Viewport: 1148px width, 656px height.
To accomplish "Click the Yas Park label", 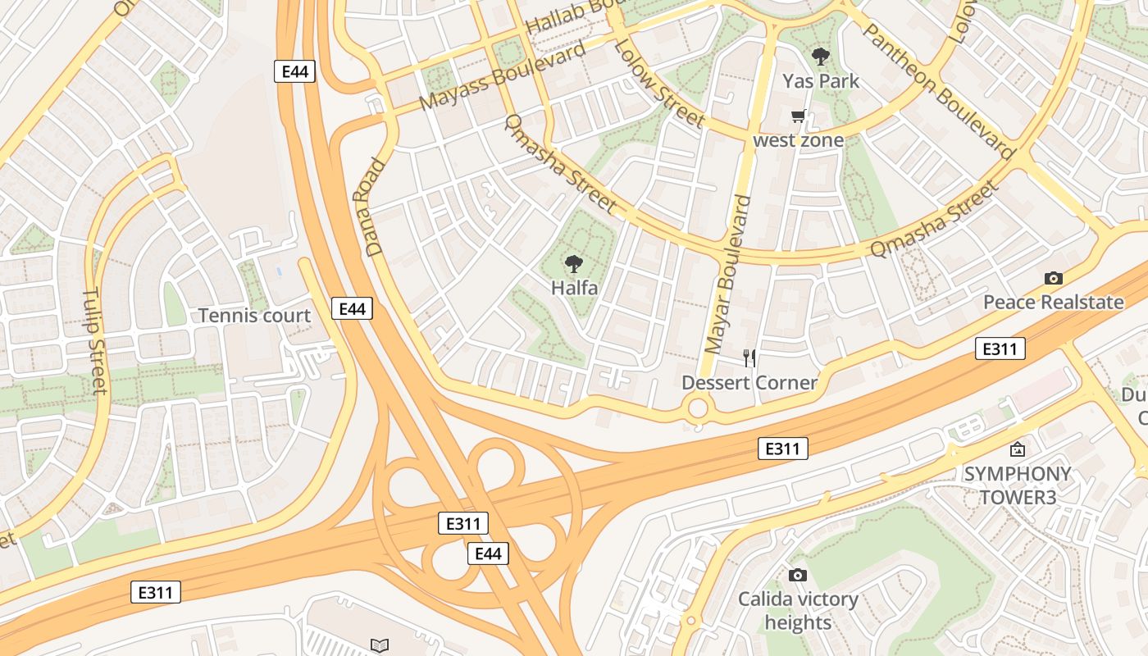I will click(820, 80).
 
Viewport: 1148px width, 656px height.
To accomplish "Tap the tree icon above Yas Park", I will click(820, 57).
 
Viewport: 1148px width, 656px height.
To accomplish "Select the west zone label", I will click(798, 140).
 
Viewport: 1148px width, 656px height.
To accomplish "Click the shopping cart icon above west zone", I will click(798, 116).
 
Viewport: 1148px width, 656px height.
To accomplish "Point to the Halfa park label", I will click(574, 288).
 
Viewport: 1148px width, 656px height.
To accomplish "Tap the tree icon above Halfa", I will click(574, 263).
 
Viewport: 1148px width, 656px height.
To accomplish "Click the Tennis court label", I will click(254, 316).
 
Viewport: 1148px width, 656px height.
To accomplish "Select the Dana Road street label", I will click(370, 207).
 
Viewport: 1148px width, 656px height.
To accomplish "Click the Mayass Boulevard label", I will click(503, 75).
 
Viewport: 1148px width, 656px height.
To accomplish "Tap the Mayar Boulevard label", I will click(728, 285).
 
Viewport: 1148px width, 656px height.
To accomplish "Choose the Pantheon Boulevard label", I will click(938, 90).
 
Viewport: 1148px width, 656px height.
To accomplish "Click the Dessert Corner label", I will click(749, 383).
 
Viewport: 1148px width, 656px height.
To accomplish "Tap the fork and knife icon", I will click(749, 358).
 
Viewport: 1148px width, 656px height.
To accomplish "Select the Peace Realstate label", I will click(1053, 302).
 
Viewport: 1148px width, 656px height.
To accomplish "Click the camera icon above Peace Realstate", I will click(1054, 279).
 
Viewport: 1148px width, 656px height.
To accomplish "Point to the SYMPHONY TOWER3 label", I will click(1017, 485).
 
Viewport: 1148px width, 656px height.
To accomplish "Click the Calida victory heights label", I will click(798, 611).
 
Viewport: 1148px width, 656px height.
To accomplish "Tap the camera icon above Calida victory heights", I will click(797, 576).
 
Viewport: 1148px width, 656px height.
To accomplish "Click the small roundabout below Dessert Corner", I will click(698, 408).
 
